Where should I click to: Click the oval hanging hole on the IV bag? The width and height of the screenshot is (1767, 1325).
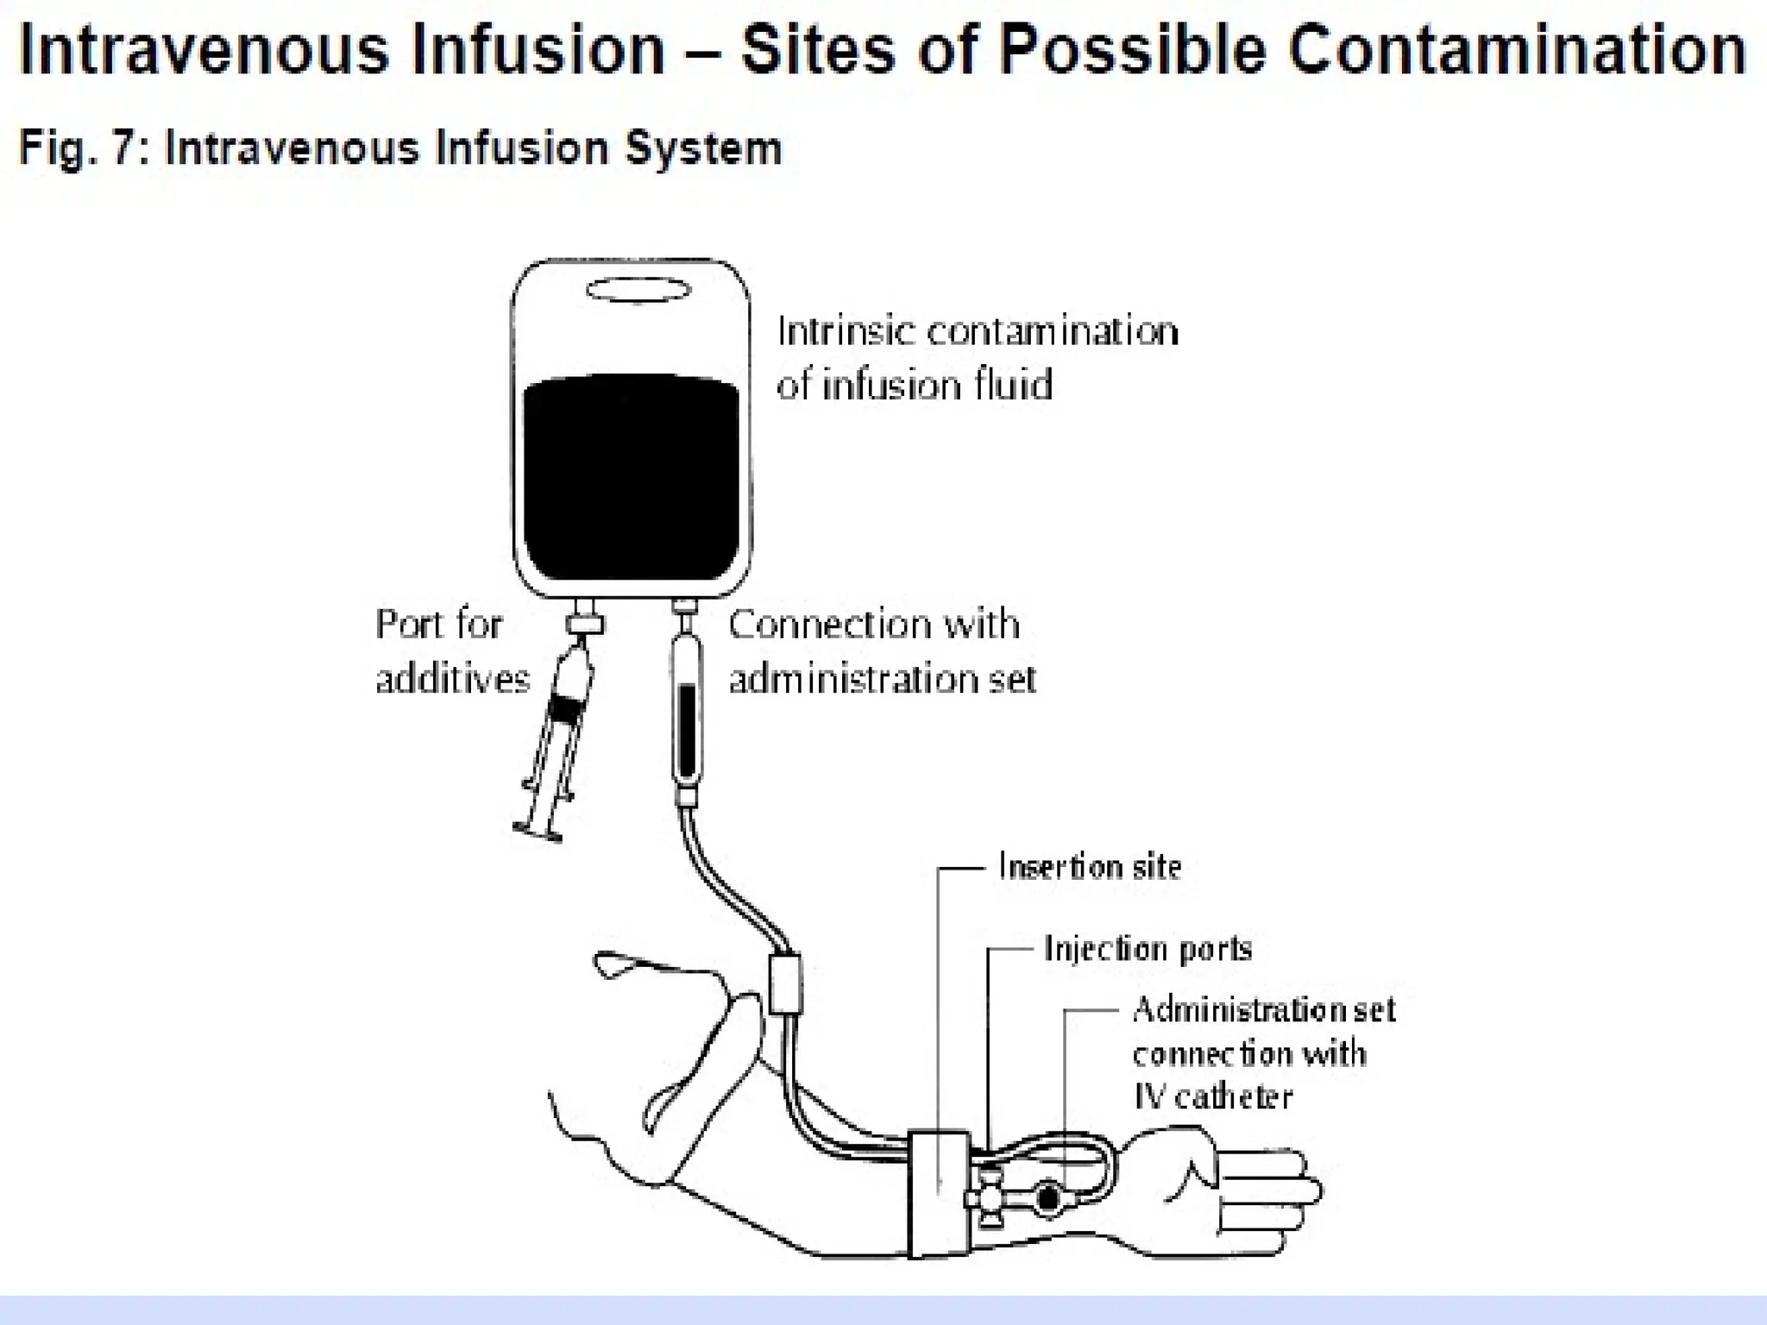638,291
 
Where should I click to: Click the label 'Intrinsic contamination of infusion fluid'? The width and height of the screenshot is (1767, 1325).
977,358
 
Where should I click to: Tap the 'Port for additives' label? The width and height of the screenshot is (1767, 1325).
451,651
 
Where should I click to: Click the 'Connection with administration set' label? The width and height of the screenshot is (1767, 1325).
881,651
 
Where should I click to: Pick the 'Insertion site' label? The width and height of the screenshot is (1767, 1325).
1089,866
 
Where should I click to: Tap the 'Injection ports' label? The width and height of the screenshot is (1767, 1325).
1148,948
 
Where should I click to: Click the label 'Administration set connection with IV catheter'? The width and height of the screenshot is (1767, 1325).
1262,1053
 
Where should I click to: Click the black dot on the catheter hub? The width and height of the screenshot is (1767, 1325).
1048,1198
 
